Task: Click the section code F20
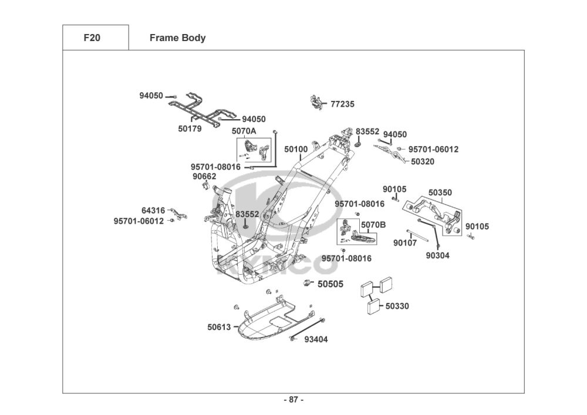(92, 38)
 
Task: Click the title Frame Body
(177, 38)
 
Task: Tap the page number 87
(293, 400)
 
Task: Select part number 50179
(190, 128)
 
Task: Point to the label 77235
(342, 104)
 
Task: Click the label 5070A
(244, 131)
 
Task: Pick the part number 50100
(296, 150)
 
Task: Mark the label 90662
(204, 176)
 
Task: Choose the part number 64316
(153, 210)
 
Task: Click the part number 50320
(423, 161)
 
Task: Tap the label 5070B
(373, 225)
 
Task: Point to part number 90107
(405, 242)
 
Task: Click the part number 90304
(438, 255)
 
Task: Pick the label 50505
(330, 285)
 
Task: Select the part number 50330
(397, 306)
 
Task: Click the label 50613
(219, 327)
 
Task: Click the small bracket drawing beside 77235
(317, 103)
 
